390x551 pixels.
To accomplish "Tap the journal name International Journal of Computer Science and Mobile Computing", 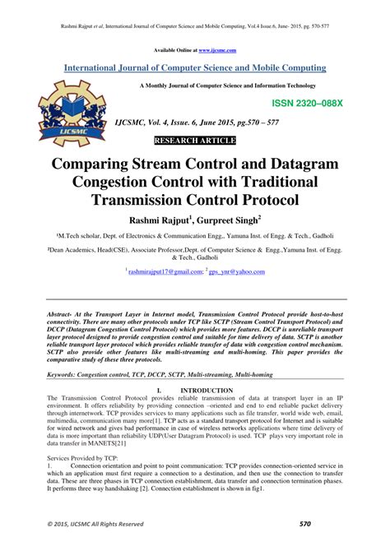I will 195,67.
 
